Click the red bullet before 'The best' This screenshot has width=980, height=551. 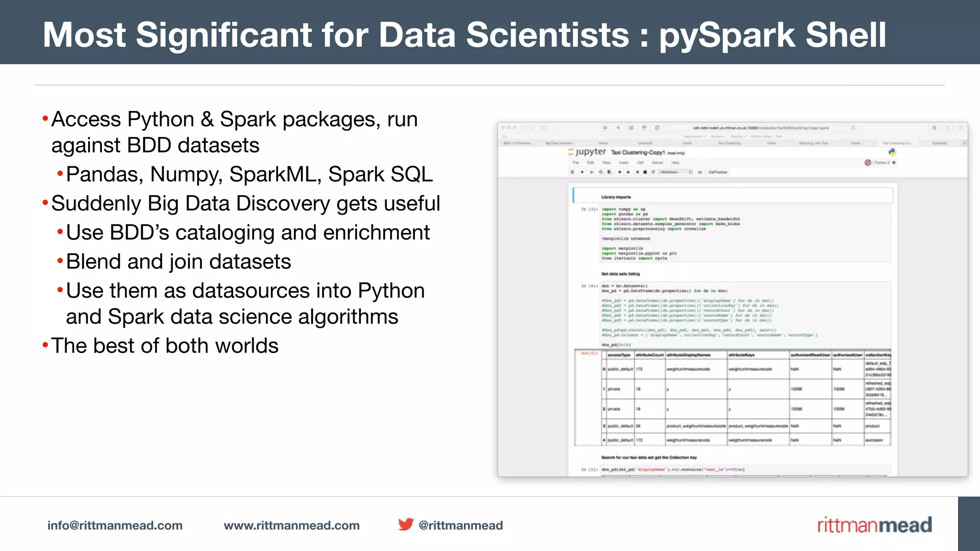[x=45, y=345]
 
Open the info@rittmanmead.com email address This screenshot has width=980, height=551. [x=115, y=525]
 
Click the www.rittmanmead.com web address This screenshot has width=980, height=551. [x=291, y=525]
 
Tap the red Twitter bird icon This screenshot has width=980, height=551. [x=406, y=524]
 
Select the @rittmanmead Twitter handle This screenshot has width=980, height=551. [x=460, y=525]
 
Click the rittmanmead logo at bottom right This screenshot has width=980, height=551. [x=874, y=525]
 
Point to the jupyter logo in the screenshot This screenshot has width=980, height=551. [x=587, y=152]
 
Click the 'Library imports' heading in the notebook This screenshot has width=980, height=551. [x=616, y=197]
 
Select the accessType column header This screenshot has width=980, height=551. [x=619, y=355]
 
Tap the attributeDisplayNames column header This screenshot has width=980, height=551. [x=689, y=355]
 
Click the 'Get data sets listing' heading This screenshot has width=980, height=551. [x=620, y=274]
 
